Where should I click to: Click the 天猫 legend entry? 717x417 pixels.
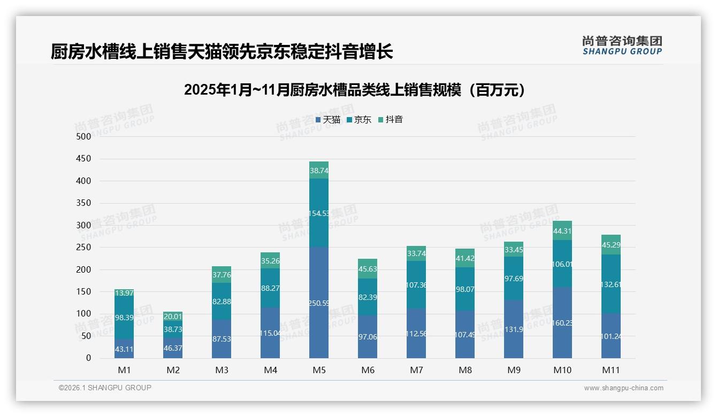tap(328, 120)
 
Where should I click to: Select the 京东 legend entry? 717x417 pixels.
tap(359, 120)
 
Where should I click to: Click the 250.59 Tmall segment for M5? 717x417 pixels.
tap(319, 303)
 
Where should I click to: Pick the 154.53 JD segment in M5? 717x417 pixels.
tap(319, 213)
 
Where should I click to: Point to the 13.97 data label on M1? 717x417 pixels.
tap(124, 292)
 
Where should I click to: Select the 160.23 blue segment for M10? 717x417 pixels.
tap(562, 322)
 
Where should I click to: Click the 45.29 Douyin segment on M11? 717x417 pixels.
tap(611, 245)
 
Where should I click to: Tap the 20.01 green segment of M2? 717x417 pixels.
tap(173, 316)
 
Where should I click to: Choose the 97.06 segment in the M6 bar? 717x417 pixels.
tap(368, 336)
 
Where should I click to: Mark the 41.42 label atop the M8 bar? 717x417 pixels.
tap(465, 258)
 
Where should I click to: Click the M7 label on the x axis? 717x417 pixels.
tap(416, 370)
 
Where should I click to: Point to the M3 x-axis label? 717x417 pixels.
tap(222, 370)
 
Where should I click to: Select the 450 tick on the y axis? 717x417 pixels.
tap(85, 159)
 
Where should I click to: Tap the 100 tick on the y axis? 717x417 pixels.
tap(85, 314)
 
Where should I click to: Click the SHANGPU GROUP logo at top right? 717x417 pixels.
tap(622, 45)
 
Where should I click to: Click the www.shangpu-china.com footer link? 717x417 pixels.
tap(623, 388)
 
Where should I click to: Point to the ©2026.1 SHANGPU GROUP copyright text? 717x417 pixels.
tap(105, 388)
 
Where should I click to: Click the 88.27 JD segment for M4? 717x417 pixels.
tap(270, 288)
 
